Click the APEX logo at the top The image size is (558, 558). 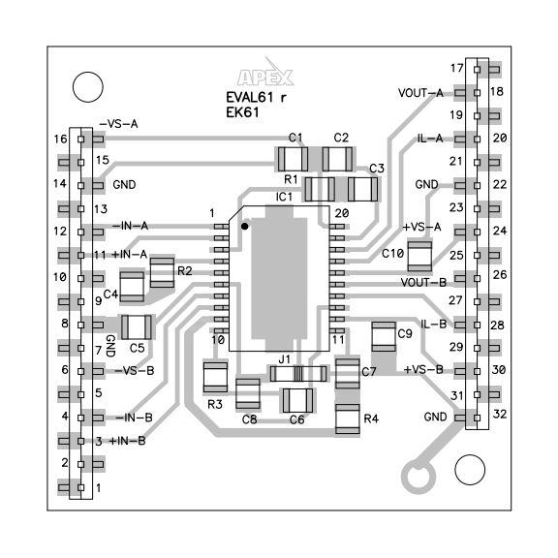pyautogui.click(x=264, y=77)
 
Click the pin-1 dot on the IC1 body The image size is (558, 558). pyautogui.click(x=246, y=226)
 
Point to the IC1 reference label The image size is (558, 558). pyautogui.click(x=284, y=198)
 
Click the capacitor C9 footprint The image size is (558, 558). pyautogui.click(x=385, y=338)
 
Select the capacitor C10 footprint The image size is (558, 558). pyautogui.click(x=418, y=255)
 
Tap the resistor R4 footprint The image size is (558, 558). pyautogui.click(x=347, y=418)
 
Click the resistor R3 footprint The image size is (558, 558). pyautogui.click(x=215, y=376)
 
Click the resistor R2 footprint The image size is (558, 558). pyautogui.click(x=162, y=273)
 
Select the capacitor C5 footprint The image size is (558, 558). pyautogui.click(x=137, y=326)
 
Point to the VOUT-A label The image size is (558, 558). pyautogui.click(x=420, y=93)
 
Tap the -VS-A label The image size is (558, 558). pyautogui.click(x=119, y=125)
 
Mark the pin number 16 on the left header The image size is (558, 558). pyautogui.click(x=60, y=139)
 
